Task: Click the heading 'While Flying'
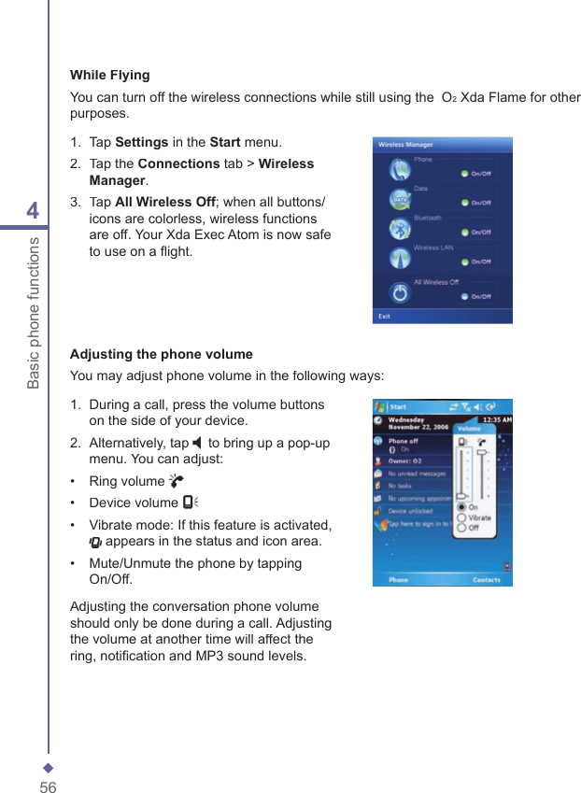110,75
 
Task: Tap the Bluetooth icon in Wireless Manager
400,230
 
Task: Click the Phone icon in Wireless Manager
400,170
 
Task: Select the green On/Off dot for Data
464,202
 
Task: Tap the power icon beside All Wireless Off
400,292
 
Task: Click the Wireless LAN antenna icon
400,261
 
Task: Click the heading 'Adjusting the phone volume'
162,354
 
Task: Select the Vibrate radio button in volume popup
461,517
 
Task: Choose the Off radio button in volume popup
461,528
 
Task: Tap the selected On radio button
461,507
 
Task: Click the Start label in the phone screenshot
398,407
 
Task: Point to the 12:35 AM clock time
495,420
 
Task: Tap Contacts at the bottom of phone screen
486,580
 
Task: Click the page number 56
48,786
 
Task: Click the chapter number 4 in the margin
33,211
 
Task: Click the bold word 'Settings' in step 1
142,143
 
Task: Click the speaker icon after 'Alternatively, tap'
197,443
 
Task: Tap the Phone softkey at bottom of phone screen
398,580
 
